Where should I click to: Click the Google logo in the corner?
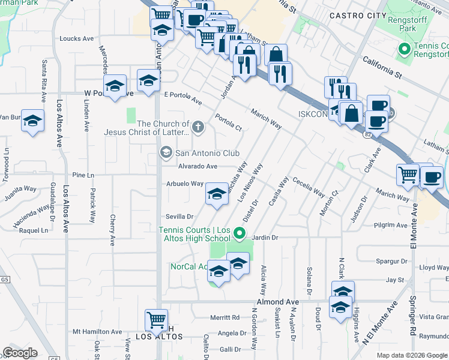click(20, 353)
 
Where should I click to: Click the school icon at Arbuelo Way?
click(217, 193)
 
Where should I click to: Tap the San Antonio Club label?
click(206, 153)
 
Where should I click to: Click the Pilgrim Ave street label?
click(390, 226)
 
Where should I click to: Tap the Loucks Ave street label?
click(77, 38)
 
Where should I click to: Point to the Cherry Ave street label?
click(112, 230)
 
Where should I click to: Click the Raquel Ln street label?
click(34, 230)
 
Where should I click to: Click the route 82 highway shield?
click(367, 136)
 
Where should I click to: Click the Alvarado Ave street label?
click(197, 167)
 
